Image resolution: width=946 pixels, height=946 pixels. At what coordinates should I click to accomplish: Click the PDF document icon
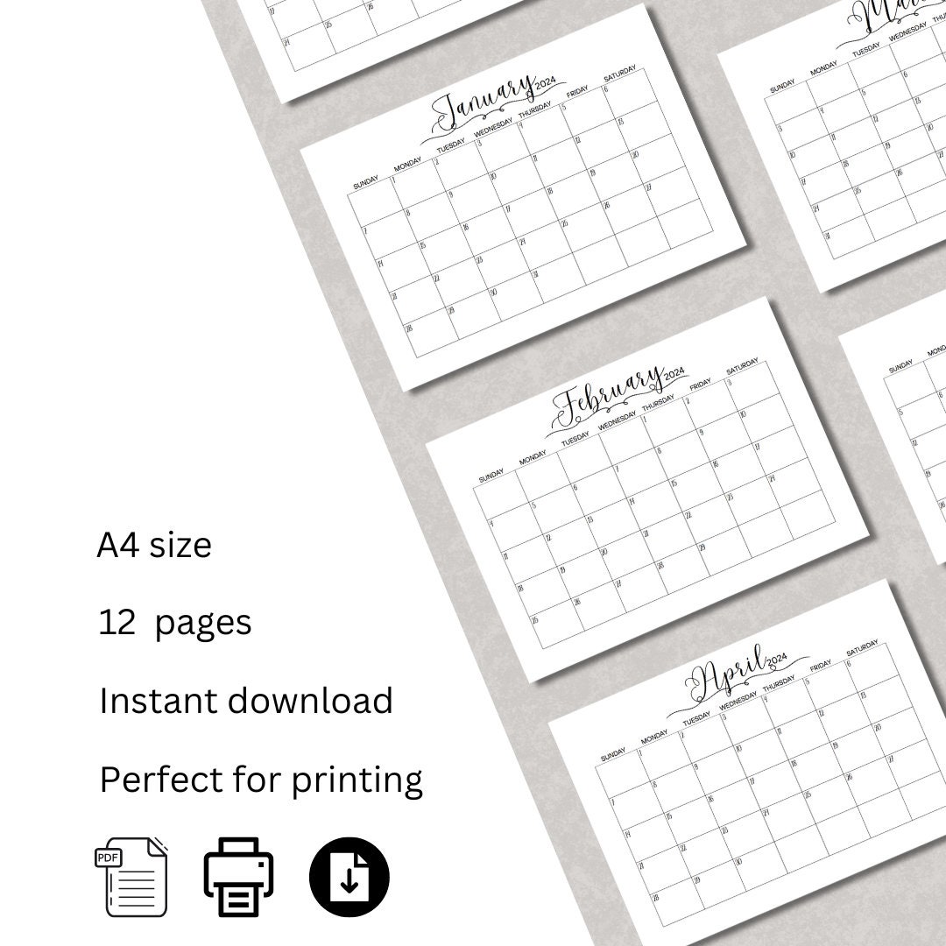[131, 877]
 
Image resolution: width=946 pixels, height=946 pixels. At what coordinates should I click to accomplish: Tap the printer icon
[239, 877]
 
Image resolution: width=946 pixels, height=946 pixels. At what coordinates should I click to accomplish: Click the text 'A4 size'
[154, 546]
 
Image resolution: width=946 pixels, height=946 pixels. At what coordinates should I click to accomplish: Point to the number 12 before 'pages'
[117, 623]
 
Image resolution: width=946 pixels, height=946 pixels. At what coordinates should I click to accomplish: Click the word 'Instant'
[159, 701]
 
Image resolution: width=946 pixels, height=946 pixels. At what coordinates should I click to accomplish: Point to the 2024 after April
[776, 660]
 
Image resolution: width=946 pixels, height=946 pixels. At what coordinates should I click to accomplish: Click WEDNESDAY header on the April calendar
[738, 701]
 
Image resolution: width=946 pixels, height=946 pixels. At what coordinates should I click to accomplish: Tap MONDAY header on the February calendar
[533, 459]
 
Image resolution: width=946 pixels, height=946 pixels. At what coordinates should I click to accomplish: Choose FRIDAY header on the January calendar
[577, 93]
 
